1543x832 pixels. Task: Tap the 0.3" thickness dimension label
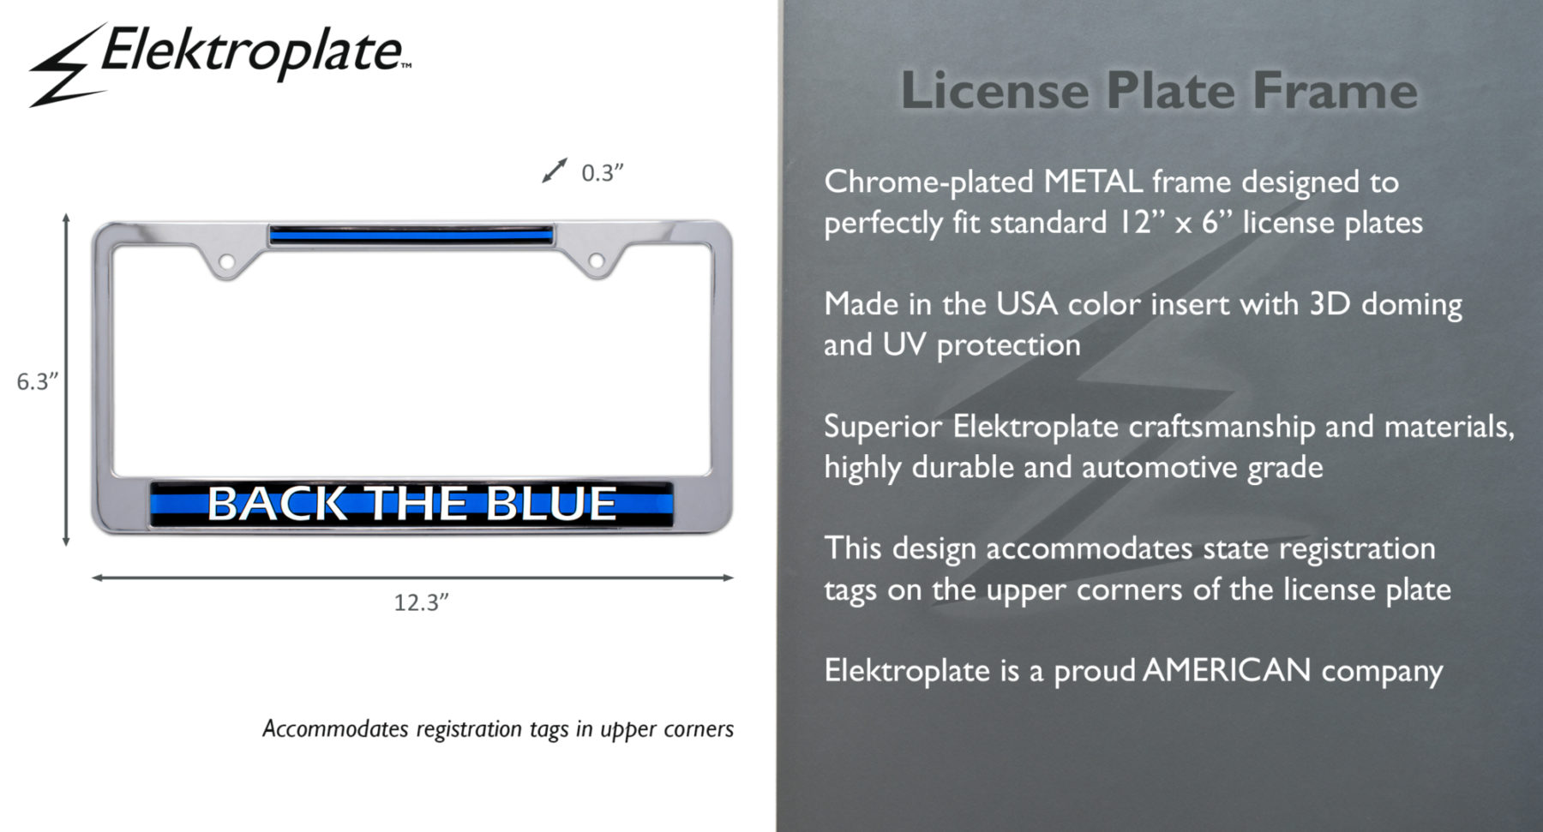602,173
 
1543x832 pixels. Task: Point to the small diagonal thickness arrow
555,171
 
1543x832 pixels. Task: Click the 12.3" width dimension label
421,602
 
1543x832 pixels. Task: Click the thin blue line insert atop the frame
411,234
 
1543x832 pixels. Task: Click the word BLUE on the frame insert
550,503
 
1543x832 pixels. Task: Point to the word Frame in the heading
1335,90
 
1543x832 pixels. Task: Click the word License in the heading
994,90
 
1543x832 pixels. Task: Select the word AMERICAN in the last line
1227,670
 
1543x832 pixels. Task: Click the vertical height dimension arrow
66,380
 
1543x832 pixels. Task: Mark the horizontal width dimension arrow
412,578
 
